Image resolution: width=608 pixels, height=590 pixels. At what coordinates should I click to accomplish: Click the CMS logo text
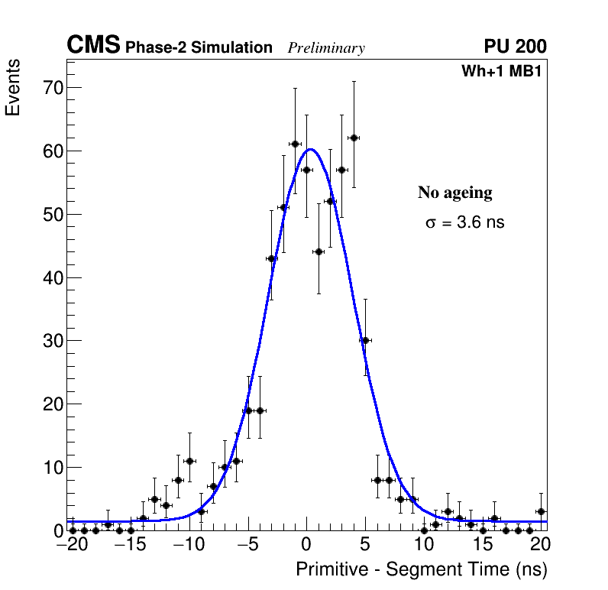(x=93, y=46)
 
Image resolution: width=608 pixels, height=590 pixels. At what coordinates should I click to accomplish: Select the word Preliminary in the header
(x=326, y=48)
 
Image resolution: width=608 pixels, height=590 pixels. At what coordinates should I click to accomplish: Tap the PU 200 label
(x=515, y=47)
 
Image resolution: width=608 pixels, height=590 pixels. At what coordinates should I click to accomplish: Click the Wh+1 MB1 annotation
(x=502, y=72)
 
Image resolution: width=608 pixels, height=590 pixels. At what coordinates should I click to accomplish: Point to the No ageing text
(x=454, y=193)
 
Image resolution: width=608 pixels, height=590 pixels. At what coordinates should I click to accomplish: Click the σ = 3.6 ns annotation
(x=464, y=222)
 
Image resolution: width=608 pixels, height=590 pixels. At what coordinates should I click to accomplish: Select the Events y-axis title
(x=13, y=88)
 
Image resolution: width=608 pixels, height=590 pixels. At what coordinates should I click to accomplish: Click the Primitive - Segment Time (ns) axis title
(x=422, y=570)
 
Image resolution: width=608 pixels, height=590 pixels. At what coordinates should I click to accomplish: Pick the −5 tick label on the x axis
(x=246, y=545)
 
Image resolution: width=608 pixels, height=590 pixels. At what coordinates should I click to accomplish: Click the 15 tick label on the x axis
(x=483, y=545)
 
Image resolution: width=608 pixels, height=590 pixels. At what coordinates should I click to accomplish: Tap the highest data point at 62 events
(x=354, y=138)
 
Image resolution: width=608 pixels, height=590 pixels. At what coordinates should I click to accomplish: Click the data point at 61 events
(x=295, y=144)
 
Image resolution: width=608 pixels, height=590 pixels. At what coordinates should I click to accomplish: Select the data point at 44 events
(x=319, y=251)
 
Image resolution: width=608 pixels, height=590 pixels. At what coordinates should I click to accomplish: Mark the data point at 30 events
(x=365, y=340)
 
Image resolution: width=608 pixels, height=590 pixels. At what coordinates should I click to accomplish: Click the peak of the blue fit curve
(x=309, y=149)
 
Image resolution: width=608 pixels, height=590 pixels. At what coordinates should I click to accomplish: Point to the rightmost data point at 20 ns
(x=541, y=511)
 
